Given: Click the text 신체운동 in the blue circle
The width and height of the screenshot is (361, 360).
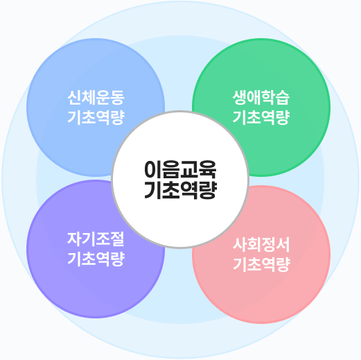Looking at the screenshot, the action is coord(96,98).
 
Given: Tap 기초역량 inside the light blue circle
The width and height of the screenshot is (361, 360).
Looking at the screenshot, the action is coord(96,117).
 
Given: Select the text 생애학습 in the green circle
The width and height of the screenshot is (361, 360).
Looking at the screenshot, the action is coord(261,98).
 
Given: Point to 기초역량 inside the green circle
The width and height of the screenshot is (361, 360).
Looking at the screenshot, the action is coord(261,117).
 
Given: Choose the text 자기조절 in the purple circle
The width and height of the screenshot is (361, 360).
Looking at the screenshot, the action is coord(96,239).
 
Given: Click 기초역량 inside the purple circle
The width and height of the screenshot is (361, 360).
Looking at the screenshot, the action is coord(96,259).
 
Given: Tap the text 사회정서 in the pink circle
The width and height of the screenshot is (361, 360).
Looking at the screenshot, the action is coord(261,245).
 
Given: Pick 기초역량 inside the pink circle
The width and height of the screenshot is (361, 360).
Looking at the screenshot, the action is coord(261,264).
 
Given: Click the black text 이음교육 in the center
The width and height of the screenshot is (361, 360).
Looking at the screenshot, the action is coord(180,169).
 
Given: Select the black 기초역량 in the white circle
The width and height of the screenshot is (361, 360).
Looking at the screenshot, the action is coord(180,190).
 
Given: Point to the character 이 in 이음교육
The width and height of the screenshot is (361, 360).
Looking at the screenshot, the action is coord(153,169).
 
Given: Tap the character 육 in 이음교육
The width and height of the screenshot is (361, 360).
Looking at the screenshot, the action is coord(208,169).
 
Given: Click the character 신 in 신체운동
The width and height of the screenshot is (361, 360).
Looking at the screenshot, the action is coord(74,98).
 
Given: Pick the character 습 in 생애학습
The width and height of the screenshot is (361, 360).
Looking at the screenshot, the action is coord(283,98).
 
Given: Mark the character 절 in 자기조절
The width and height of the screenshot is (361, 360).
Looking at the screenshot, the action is coord(118,239).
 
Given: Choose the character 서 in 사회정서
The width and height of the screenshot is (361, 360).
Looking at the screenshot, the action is coord(283,245).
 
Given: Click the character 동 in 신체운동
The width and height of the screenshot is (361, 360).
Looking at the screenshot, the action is coord(118,98).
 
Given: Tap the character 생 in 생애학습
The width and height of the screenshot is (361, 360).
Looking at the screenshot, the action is coord(240,98).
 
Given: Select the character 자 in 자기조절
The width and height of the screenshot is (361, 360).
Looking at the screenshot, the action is coord(74,239).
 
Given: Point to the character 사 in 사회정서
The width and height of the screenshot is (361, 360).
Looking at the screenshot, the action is coord(240,245).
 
